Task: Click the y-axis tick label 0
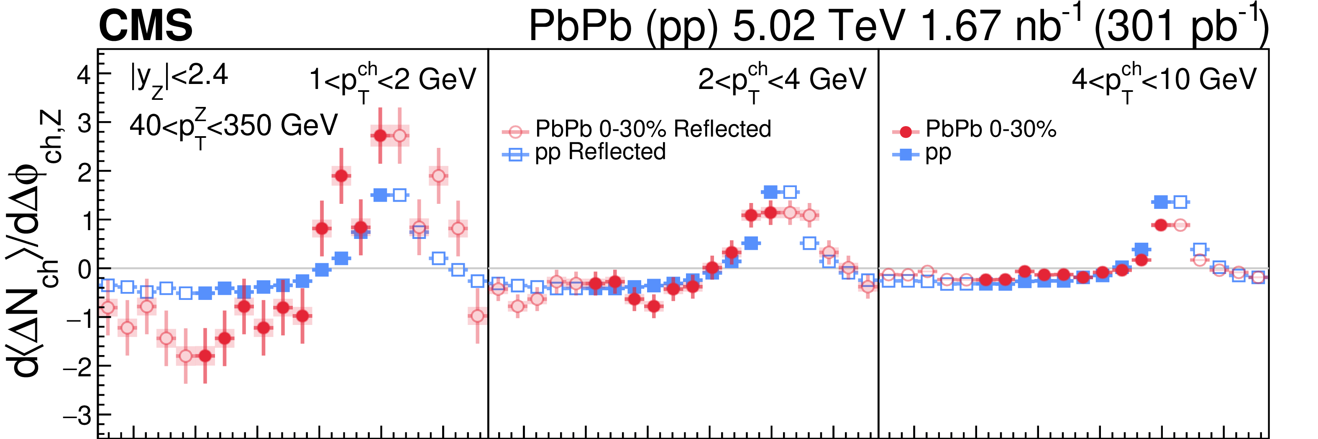point(84,270)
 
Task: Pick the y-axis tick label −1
point(77,319)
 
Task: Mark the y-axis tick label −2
point(77,368)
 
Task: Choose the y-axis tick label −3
point(77,416)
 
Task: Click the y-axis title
point(36,243)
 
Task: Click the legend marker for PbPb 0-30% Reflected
point(516,132)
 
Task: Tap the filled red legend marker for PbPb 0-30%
point(906,132)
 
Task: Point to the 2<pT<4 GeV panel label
point(782,81)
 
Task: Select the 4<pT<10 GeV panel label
point(1164,81)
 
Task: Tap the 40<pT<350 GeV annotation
point(233,127)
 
